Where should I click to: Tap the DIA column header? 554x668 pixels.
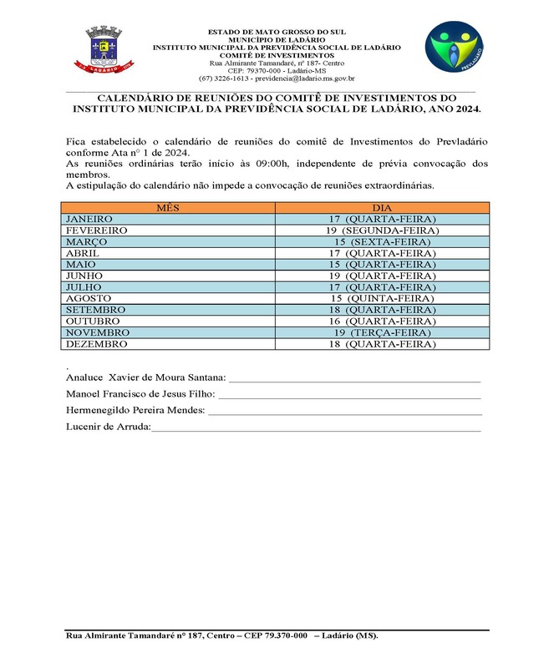pos(383,207)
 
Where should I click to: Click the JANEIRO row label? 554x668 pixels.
pos(89,219)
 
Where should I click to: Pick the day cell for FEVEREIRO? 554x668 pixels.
pos(383,230)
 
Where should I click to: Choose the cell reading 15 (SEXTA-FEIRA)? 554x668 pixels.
pos(383,241)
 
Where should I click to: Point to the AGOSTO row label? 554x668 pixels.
pos(89,298)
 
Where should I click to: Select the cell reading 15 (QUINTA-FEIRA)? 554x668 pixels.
pos(383,298)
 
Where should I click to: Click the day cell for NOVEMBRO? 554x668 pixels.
pos(383,332)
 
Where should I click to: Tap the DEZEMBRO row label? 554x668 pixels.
pos(96,343)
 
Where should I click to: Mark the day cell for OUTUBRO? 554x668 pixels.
pos(383,321)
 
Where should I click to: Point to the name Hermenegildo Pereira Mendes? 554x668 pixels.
pos(135,410)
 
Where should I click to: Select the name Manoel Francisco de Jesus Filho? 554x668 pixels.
pos(140,393)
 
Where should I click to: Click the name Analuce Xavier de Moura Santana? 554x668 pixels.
pos(145,377)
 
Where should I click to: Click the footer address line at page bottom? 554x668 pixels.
pos(221,636)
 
